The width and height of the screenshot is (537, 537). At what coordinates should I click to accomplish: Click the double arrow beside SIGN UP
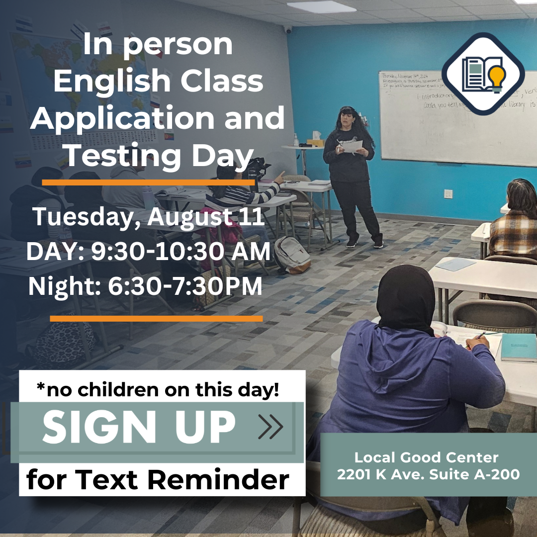pos(271,427)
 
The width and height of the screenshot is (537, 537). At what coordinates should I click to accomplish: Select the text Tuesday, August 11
pos(148,218)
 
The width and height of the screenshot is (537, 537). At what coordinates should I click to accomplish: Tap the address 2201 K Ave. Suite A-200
pos(428,474)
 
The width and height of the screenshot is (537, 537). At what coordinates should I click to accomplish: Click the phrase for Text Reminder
pos(158,480)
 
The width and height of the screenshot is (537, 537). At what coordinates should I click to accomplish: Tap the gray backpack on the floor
pos(292,255)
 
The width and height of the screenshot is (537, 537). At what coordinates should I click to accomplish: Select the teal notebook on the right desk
pos(519,347)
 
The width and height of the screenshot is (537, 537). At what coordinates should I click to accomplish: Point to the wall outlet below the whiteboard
pos(448,193)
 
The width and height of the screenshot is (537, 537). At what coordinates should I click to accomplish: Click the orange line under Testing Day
pos(148,183)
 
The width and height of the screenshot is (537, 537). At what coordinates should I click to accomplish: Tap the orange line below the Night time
pos(156,319)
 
